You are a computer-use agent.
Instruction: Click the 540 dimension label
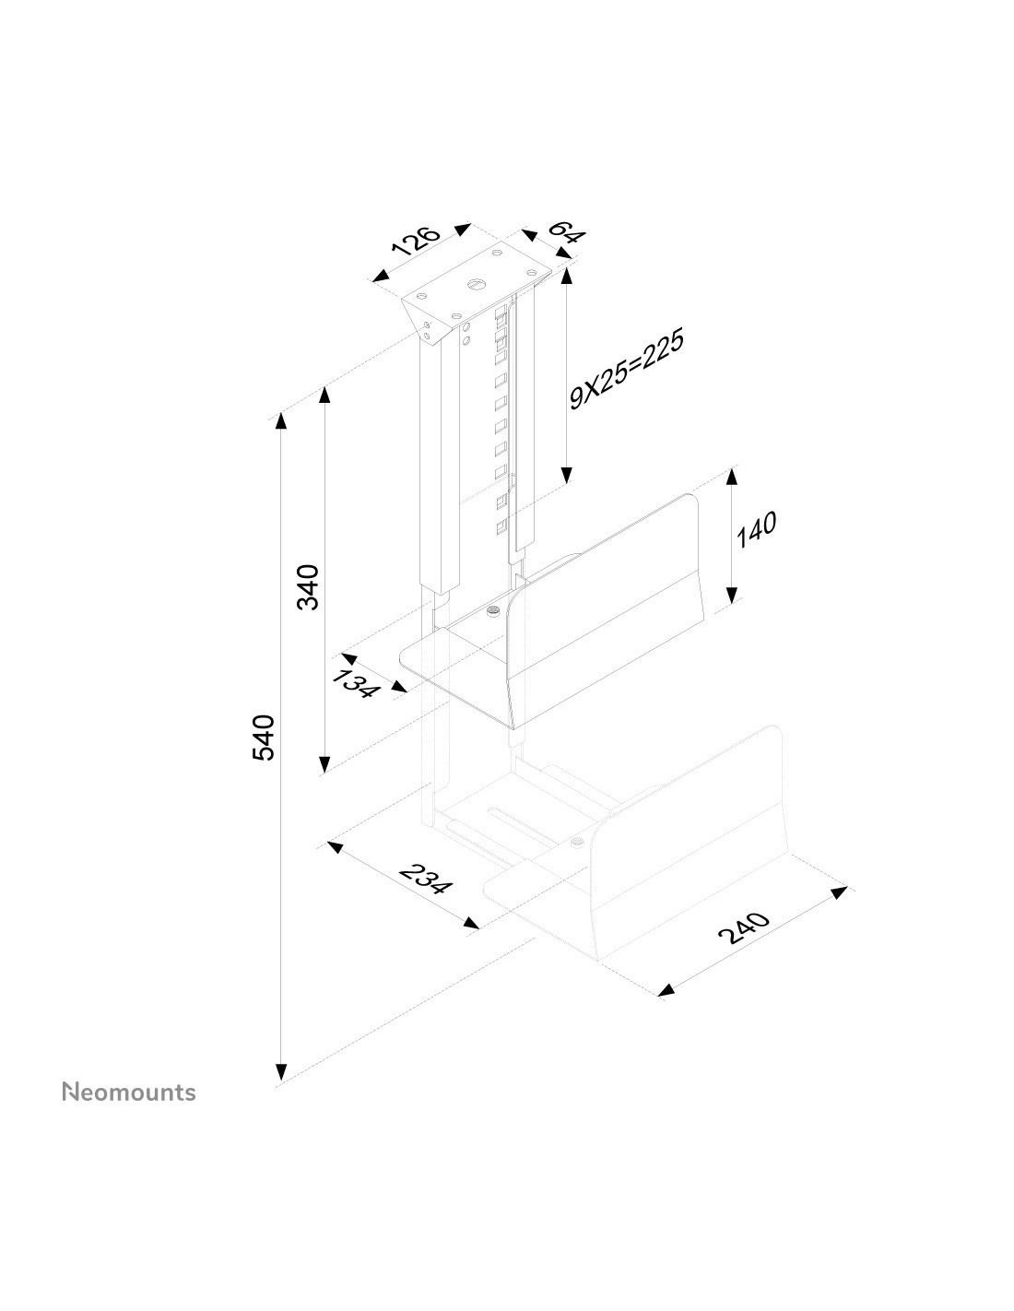coord(264,738)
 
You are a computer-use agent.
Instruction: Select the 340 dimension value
coord(308,587)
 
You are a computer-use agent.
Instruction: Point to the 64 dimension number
coord(565,231)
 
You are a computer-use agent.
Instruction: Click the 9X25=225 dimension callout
coord(627,369)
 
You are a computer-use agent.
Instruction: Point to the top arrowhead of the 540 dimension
coord(280,420)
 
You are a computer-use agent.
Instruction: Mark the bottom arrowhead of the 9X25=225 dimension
coord(566,476)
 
